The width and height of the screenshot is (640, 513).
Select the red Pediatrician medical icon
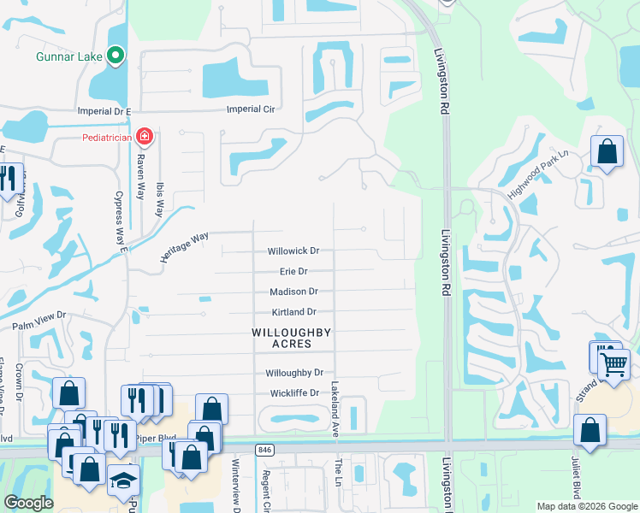point(145,136)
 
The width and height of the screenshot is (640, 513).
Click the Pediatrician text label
point(107,137)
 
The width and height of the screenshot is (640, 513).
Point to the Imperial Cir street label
point(250,109)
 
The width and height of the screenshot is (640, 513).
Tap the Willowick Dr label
point(293,251)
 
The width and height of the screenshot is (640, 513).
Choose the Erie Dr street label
point(293,272)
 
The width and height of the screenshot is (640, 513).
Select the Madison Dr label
point(293,292)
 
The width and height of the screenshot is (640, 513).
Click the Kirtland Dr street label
point(293,312)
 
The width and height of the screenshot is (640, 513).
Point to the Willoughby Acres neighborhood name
point(292,338)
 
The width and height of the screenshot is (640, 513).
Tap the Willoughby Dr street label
point(293,373)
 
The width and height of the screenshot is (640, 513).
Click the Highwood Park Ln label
point(537,176)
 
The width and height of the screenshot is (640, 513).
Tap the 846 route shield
point(264,449)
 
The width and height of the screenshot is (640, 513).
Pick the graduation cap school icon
point(123,481)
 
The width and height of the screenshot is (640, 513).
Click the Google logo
point(28,503)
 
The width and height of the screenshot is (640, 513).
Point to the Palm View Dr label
point(39,327)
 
